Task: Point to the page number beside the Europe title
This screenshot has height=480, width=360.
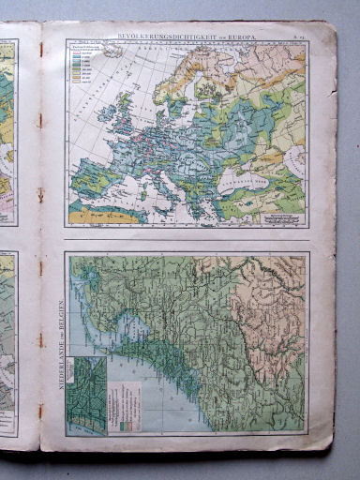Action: (x=297, y=35)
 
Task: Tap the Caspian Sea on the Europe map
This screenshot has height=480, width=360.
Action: (x=293, y=159)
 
